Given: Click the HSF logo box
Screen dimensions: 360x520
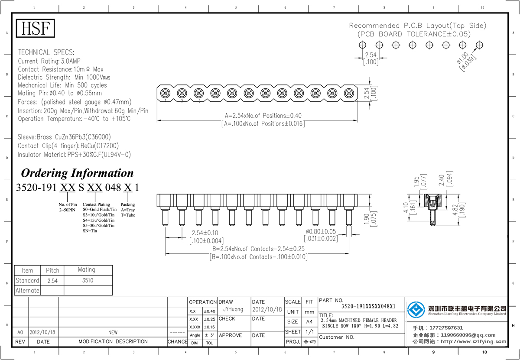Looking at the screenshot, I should click(x=36, y=28).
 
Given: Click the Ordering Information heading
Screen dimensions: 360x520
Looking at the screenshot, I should click(x=77, y=173).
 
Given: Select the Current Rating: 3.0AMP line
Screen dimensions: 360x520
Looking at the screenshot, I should click(x=49, y=61).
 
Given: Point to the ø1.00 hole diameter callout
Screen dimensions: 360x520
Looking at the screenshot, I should click(x=466, y=61).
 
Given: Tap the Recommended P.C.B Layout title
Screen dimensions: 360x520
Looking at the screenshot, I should click(x=418, y=26).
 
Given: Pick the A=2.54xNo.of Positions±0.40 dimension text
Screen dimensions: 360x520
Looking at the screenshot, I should click(x=263, y=116).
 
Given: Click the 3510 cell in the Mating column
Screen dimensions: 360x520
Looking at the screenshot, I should click(x=87, y=280).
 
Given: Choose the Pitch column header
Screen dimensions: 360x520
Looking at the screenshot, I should click(x=52, y=270).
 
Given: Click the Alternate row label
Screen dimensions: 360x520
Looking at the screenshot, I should click(x=27, y=290).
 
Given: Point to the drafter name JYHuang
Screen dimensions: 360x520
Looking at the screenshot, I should click(x=234, y=310).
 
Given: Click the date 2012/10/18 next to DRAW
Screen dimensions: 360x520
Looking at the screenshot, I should click(x=267, y=310).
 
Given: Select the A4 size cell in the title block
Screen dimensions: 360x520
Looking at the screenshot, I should click(x=309, y=321).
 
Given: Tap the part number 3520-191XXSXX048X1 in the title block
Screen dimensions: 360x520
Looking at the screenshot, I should click(x=368, y=306).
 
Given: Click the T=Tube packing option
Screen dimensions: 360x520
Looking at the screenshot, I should click(x=128, y=215).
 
